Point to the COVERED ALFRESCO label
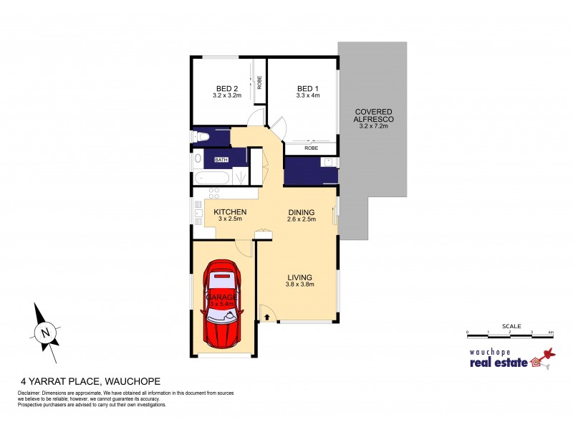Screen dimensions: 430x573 [x=372, y=118]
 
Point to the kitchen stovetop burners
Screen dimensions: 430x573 [x=213, y=192]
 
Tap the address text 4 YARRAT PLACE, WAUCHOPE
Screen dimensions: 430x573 [x=90, y=381]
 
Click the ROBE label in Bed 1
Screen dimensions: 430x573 [x=311, y=147]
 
